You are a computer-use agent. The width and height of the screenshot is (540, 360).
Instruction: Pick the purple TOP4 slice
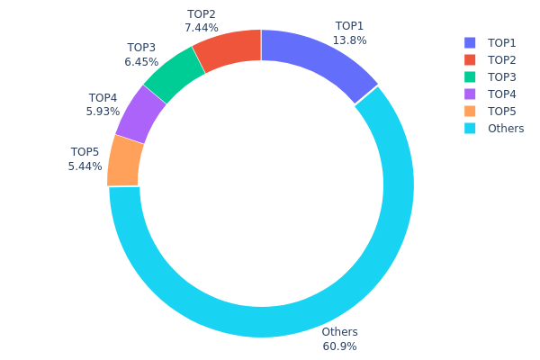[x=141, y=112]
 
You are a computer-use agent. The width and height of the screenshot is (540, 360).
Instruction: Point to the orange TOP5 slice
[x=125, y=160]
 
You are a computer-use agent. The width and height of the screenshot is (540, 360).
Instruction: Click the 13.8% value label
[x=349, y=40]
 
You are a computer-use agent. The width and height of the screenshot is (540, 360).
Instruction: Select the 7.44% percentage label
[x=202, y=28]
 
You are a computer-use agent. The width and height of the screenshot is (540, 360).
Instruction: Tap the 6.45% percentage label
[x=141, y=62]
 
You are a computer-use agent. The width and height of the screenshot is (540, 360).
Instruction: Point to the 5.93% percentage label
[x=103, y=112]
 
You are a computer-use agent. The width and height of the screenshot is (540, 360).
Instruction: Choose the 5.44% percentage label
[x=85, y=166]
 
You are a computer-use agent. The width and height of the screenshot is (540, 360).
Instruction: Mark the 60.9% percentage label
[x=339, y=346]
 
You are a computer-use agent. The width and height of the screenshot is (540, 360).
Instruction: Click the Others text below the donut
[x=339, y=332]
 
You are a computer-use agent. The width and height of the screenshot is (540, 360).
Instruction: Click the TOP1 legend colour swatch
[x=470, y=43]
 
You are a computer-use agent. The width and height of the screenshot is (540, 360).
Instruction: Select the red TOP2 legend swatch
[x=470, y=60]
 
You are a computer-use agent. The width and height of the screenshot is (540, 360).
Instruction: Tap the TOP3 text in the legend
[x=502, y=77]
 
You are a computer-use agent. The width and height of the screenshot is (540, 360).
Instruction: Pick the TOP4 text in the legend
[x=502, y=94]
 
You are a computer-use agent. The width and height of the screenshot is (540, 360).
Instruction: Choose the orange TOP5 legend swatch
[x=470, y=112]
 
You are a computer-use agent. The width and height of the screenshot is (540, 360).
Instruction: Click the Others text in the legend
[x=506, y=129]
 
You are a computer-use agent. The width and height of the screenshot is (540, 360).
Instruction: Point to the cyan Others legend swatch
[x=470, y=129]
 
